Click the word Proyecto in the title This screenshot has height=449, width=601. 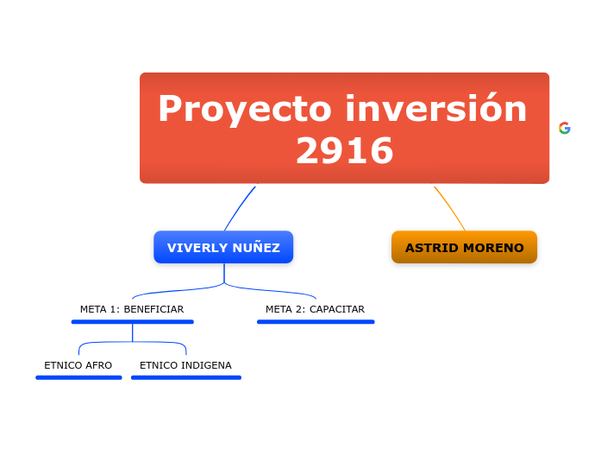(x=245, y=111)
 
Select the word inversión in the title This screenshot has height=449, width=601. (x=436, y=109)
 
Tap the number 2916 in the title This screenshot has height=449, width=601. (x=344, y=151)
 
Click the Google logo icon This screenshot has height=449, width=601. (x=565, y=128)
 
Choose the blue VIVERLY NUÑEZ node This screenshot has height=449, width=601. (x=223, y=248)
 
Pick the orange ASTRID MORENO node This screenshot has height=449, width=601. (x=464, y=248)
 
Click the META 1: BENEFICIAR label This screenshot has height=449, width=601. (x=132, y=309)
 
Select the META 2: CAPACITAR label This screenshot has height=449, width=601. (x=315, y=309)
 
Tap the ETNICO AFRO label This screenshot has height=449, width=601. (x=78, y=365)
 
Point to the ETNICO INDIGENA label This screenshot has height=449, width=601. (x=185, y=365)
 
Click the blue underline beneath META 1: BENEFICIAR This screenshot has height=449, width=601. (x=132, y=322)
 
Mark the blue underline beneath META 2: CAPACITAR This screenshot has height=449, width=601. (x=316, y=322)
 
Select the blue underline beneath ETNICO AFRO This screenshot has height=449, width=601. (x=78, y=377)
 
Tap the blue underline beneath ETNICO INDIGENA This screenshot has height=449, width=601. (x=186, y=377)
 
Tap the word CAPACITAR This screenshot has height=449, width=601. (x=337, y=309)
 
